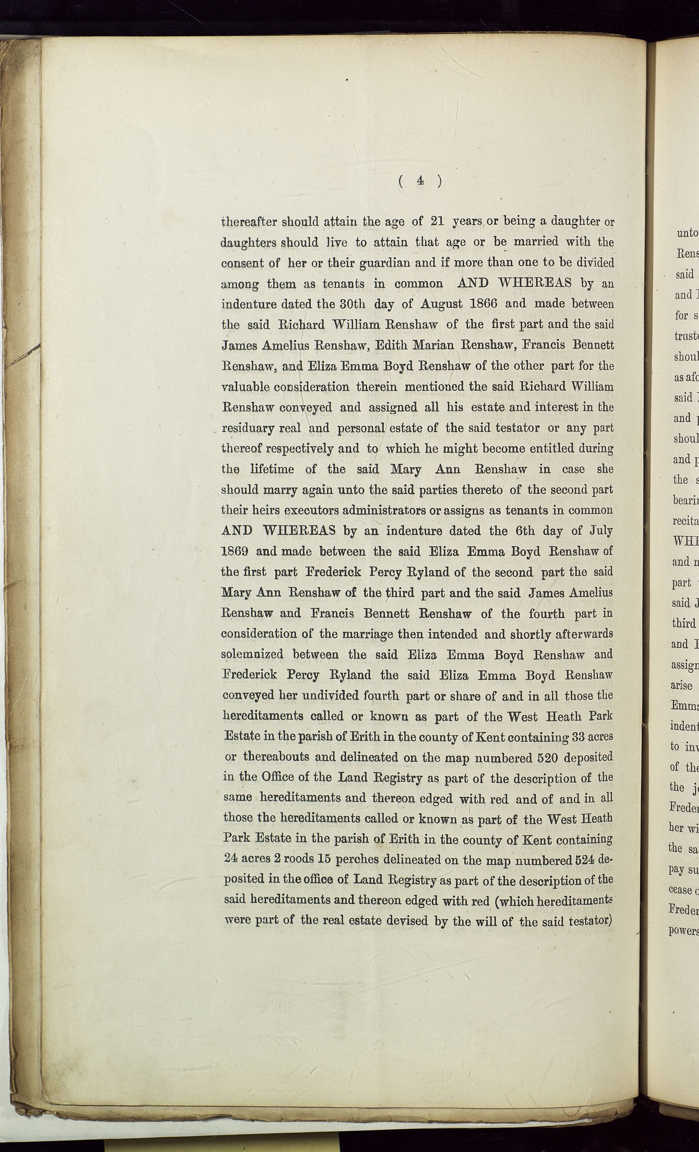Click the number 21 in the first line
click(x=437, y=221)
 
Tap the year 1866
click(x=483, y=303)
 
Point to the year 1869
click(x=234, y=551)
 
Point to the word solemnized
click(x=252, y=654)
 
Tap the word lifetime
click(x=272, y=469)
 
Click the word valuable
click(x=245, y=387)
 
